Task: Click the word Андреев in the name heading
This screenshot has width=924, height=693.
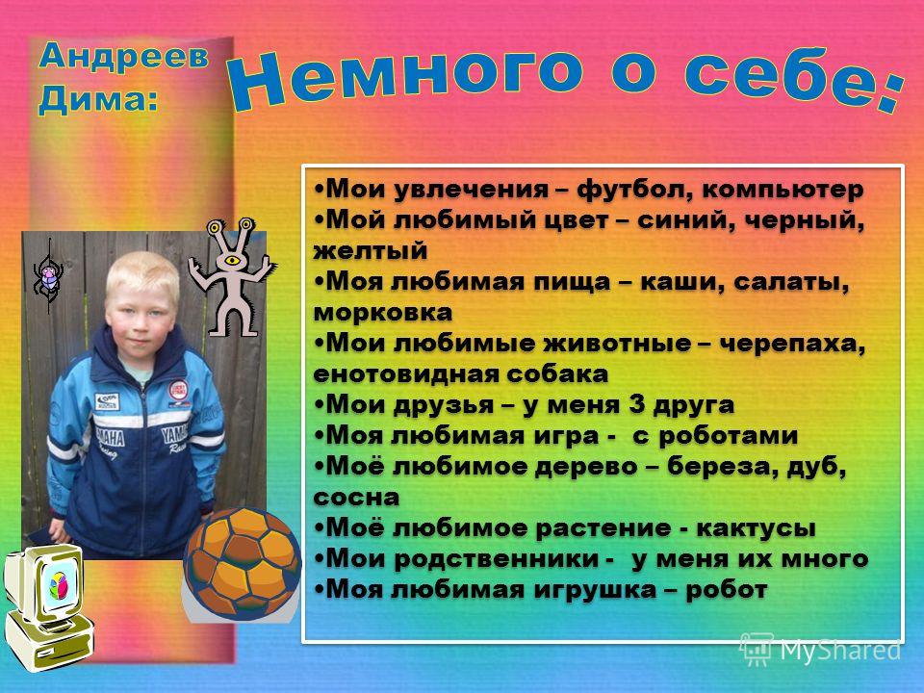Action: click(x=124, y=57)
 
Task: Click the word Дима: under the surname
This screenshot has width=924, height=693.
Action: click(x=98, y=99)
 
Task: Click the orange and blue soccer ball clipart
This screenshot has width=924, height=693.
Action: click(x=243, y=563)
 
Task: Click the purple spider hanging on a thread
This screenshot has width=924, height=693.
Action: click(x=48, y=278)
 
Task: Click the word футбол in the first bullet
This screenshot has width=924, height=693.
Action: click(x=634, y=190)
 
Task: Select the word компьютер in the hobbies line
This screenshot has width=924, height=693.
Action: click(x=783, y=190)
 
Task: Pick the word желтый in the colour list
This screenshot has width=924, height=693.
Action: click(x=370, y=251)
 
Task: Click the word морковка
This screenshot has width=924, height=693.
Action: click(x=383, y=313)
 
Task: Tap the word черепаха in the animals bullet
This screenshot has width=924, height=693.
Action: click(x=793, y=344)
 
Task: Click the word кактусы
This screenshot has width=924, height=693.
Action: click(x=757, y=528)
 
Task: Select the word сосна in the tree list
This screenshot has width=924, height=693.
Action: click(x=356, y=498)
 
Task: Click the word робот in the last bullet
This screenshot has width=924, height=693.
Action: click(x=727, y=589)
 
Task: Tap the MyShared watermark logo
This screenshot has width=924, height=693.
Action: click(x=820, y=650)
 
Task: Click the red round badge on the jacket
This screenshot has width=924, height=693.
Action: click(x=178, y=390)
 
